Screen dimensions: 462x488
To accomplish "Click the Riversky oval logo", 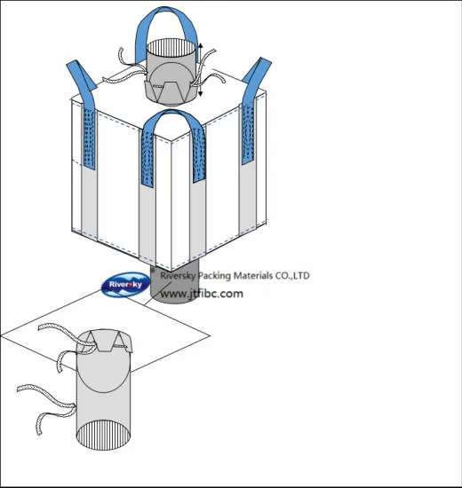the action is (x=125, y=284).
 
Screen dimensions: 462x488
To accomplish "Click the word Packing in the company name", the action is (x=215, y=276).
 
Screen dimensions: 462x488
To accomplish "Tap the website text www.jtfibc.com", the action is (x=202, y=294).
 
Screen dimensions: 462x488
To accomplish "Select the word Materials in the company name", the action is (x=253, y=275).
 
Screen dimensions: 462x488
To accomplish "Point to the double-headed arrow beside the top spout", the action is (x=201, y=69).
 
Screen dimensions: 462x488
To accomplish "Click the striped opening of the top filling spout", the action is (x=171, y=48).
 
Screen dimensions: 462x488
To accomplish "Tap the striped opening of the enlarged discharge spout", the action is (x=103, y=435).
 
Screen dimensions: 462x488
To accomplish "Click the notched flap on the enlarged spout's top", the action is (x=105, y=342).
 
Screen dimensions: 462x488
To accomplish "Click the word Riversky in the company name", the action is (x=178, y=276).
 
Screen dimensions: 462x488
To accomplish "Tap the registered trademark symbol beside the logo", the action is (x=153, y=271).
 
